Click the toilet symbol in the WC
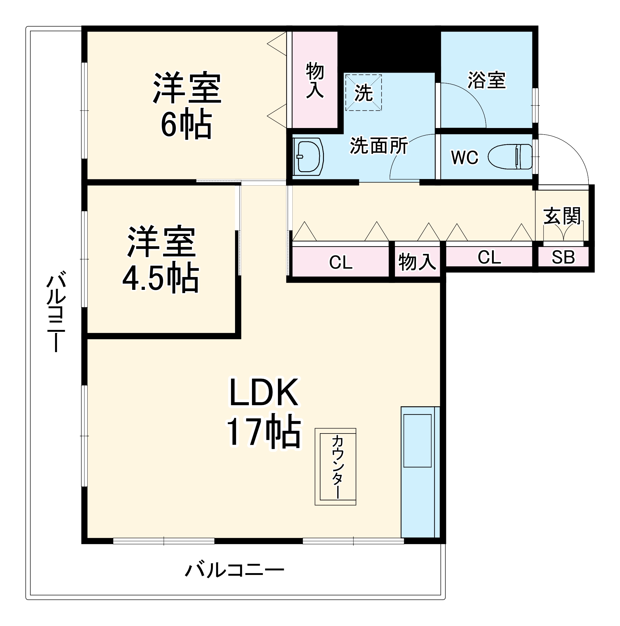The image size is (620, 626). pyautogui.click(x=510, y=157)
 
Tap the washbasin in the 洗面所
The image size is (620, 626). pyautogui.click(x=308, y=157)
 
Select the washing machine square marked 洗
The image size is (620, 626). pyautogui.click(x=363, y=93)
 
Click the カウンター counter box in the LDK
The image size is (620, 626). pyautogui.click(x=335, y=467)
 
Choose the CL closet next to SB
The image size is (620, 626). pyautogui.click(x=489, y=258)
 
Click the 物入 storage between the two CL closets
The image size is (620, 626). pyautogui.click(x=417, y=262)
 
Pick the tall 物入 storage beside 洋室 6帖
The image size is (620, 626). pyautogui.click(x=315, y=80)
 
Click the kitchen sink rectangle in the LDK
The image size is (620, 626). pyautogui.click(x=417, y=441)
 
